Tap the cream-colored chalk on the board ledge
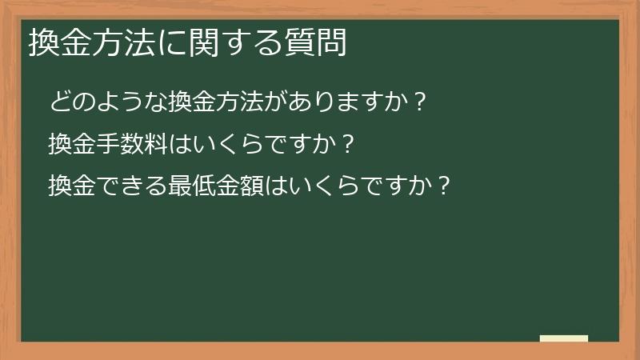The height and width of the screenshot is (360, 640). click(564, 338)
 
